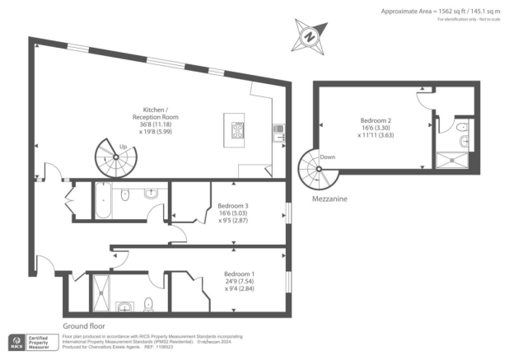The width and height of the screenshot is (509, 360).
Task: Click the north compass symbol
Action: pyautogui.click(x=310, y=37)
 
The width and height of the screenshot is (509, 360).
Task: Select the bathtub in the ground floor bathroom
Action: pyautogui.click(x=104, y=201)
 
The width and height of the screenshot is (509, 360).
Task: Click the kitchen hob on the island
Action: pyautogui.click(x=240, y=130)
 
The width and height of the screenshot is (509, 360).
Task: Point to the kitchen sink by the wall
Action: pyautogui.click(x=278, y=129)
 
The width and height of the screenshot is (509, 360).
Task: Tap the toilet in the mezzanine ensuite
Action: pyautogui.click(x=461, y=128)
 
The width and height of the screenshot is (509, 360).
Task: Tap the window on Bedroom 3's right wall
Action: pyautogui.click(x=287, y=211)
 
